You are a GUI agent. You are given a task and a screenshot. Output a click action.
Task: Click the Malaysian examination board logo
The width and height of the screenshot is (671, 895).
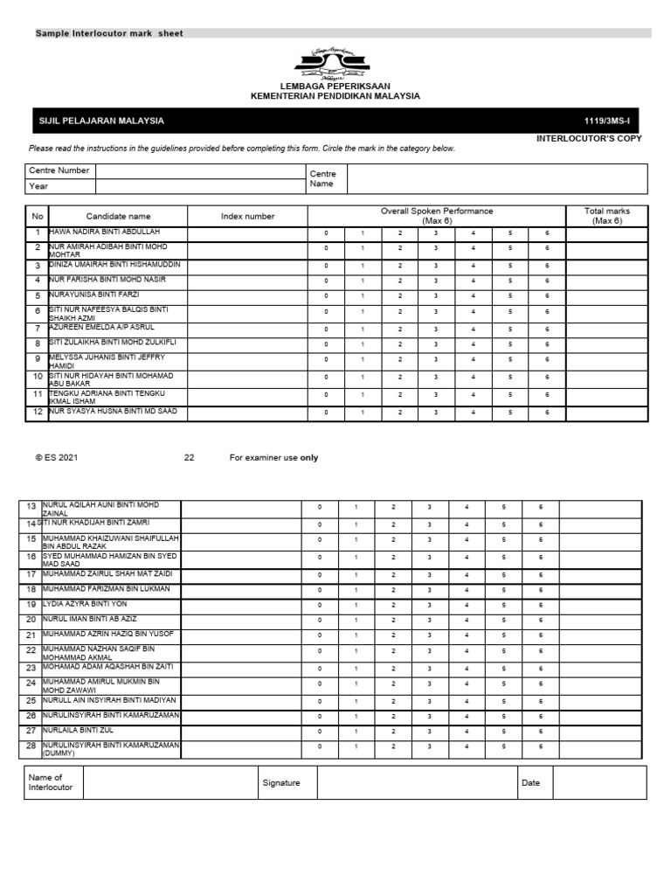335,64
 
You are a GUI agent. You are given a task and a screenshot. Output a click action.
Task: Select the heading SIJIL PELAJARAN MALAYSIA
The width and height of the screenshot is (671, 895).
101,121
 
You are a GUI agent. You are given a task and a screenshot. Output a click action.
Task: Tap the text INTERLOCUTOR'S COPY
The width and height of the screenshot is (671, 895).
589,138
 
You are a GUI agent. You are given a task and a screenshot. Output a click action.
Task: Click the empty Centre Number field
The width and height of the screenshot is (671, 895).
199,170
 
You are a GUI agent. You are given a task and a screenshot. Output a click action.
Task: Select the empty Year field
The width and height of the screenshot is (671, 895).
199,186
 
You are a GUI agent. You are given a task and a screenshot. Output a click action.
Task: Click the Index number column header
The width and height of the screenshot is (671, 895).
247,216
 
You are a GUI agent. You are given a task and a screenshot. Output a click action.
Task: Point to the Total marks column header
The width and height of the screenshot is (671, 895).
606,216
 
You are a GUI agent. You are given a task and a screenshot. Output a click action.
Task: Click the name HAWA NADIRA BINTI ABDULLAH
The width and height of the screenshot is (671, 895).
111,232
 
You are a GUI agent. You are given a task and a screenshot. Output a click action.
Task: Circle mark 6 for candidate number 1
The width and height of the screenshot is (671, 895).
547,234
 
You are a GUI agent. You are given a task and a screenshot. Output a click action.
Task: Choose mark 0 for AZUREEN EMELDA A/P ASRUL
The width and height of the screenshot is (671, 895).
327,329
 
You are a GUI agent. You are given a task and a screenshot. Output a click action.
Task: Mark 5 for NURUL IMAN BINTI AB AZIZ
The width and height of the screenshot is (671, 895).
503,620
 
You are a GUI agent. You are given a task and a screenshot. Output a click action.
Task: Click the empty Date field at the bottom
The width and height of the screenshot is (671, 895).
598,783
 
